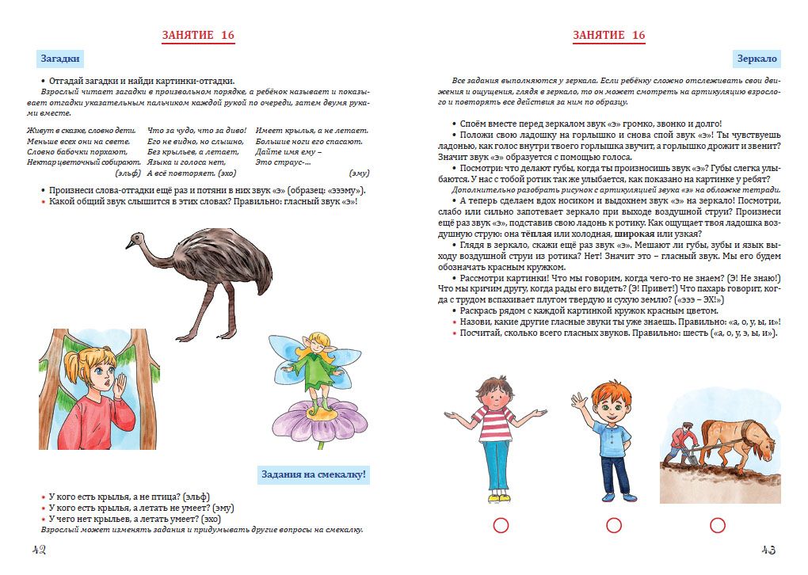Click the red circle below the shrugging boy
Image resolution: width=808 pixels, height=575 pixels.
500,525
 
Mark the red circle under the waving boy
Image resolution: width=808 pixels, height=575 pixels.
613,525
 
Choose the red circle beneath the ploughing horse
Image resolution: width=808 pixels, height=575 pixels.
718,525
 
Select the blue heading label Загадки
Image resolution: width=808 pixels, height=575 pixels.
60,59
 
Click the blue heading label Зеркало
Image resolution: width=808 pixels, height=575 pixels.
757,59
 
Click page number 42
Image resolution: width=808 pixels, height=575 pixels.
38,550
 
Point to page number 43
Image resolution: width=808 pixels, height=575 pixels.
768,550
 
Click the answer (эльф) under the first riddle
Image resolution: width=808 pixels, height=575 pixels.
128,173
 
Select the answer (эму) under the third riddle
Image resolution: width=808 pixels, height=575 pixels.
359,173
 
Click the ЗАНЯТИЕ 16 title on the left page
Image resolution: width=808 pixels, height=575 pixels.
198,35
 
